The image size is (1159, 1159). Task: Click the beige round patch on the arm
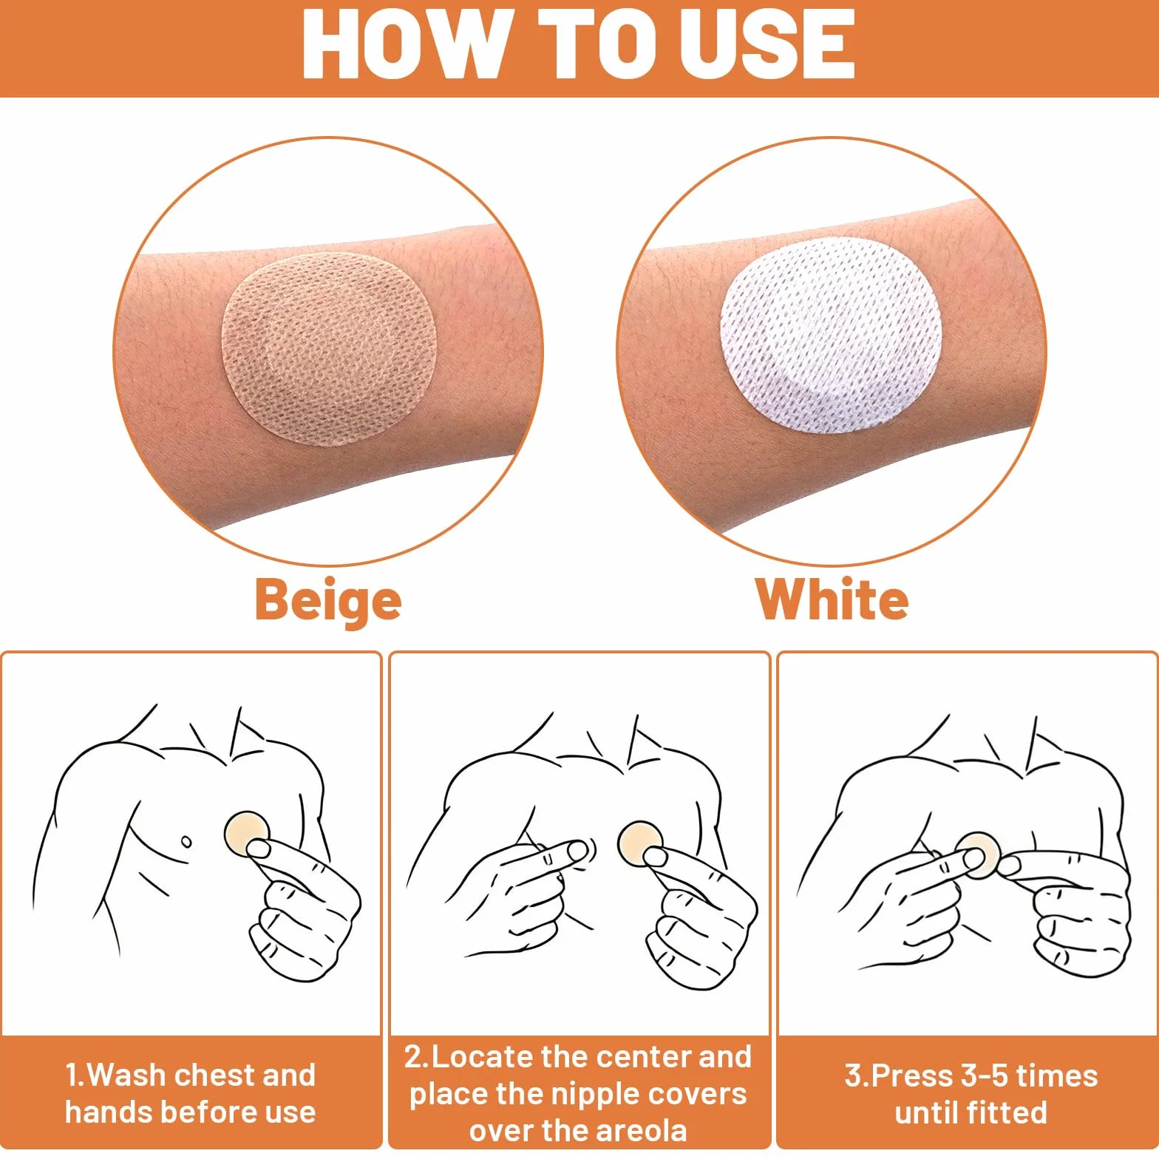(x=330, y=350)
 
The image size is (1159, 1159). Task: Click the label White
(x=832, y=599)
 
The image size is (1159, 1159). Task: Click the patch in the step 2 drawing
(x=640, y=843)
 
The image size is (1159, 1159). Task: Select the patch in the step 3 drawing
(x=977, y=854)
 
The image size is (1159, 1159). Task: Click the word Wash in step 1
(x=127, y=1075)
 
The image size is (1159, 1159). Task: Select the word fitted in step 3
(x=1006, y=1112)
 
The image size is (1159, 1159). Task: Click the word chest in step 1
(x=215, y=1075)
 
